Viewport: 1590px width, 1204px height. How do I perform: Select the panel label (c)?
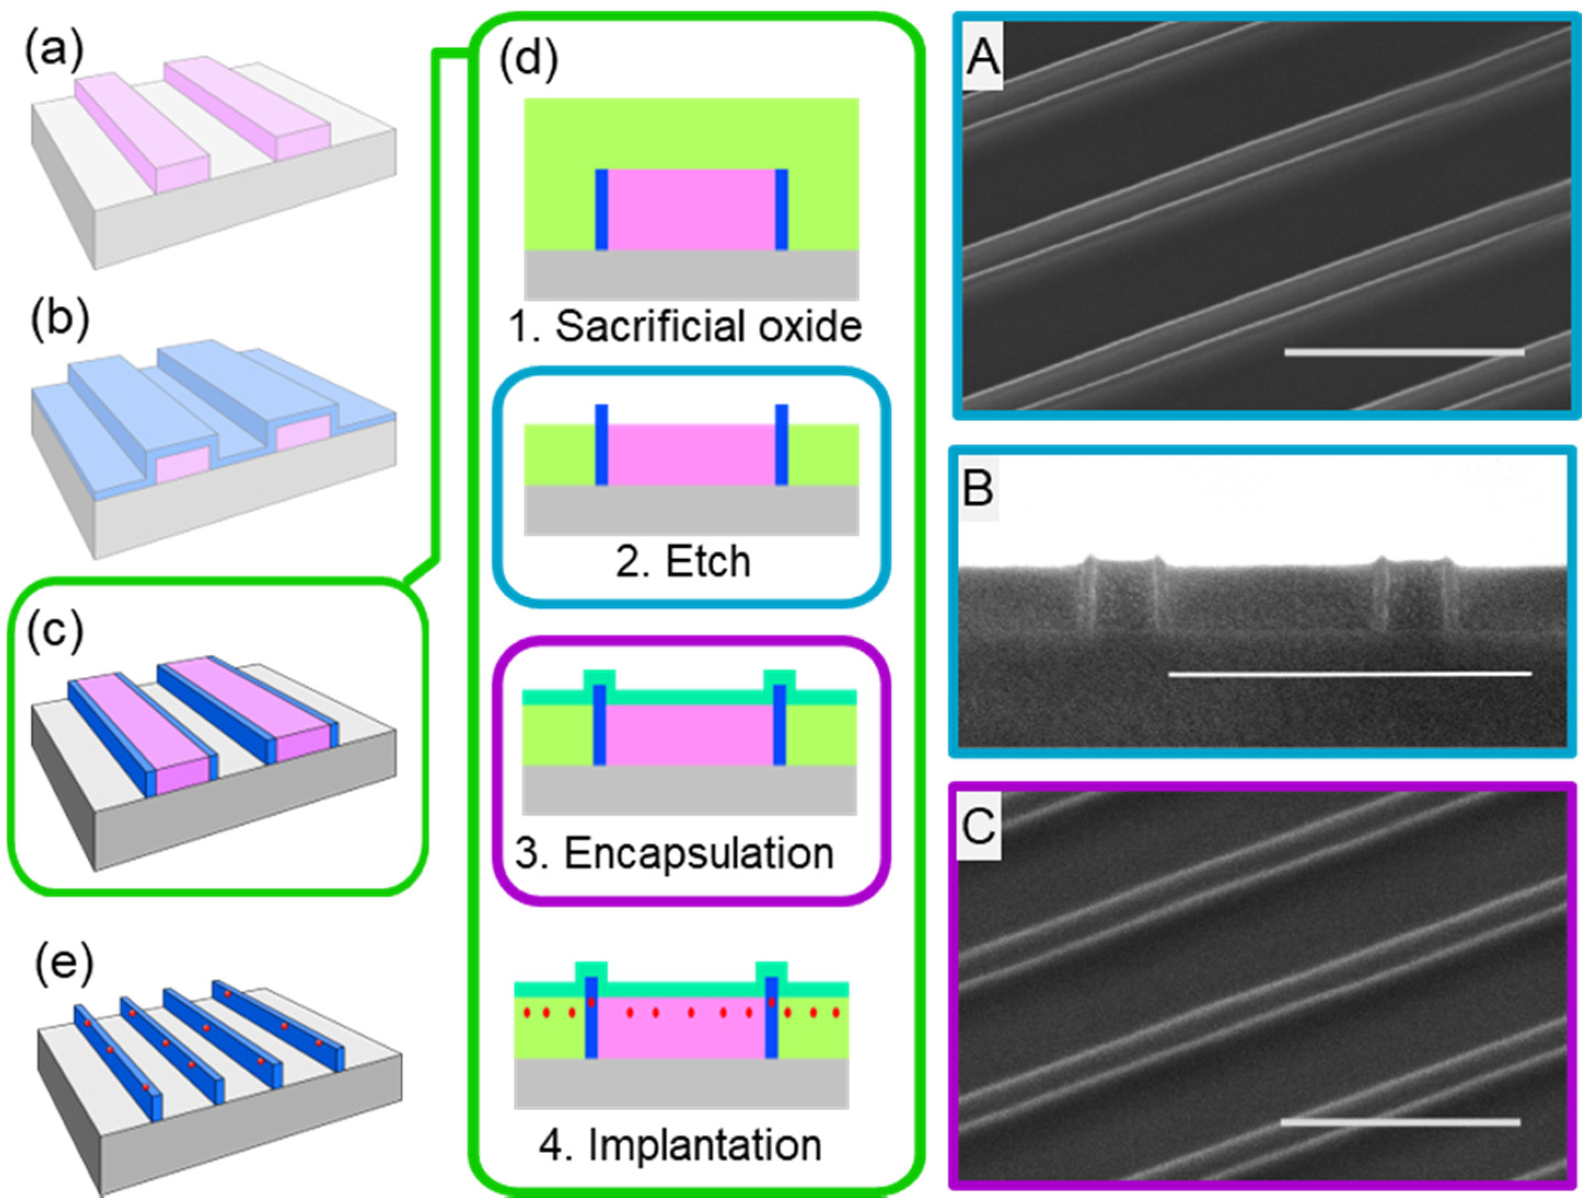point(55,630)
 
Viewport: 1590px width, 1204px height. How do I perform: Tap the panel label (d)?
point(529,58)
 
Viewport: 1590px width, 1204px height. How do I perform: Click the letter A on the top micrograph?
point(983,57)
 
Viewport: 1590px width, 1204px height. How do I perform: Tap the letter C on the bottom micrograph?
point(978,826)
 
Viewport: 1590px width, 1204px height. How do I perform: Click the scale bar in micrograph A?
point(1404,352)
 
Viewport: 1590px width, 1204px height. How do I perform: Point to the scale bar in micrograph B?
point(1350,673)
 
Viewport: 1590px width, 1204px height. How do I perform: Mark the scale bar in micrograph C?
point(1400,1121)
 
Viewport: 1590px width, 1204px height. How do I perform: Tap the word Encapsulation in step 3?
point(699,854)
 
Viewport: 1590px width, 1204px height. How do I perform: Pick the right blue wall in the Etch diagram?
point(781,444)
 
